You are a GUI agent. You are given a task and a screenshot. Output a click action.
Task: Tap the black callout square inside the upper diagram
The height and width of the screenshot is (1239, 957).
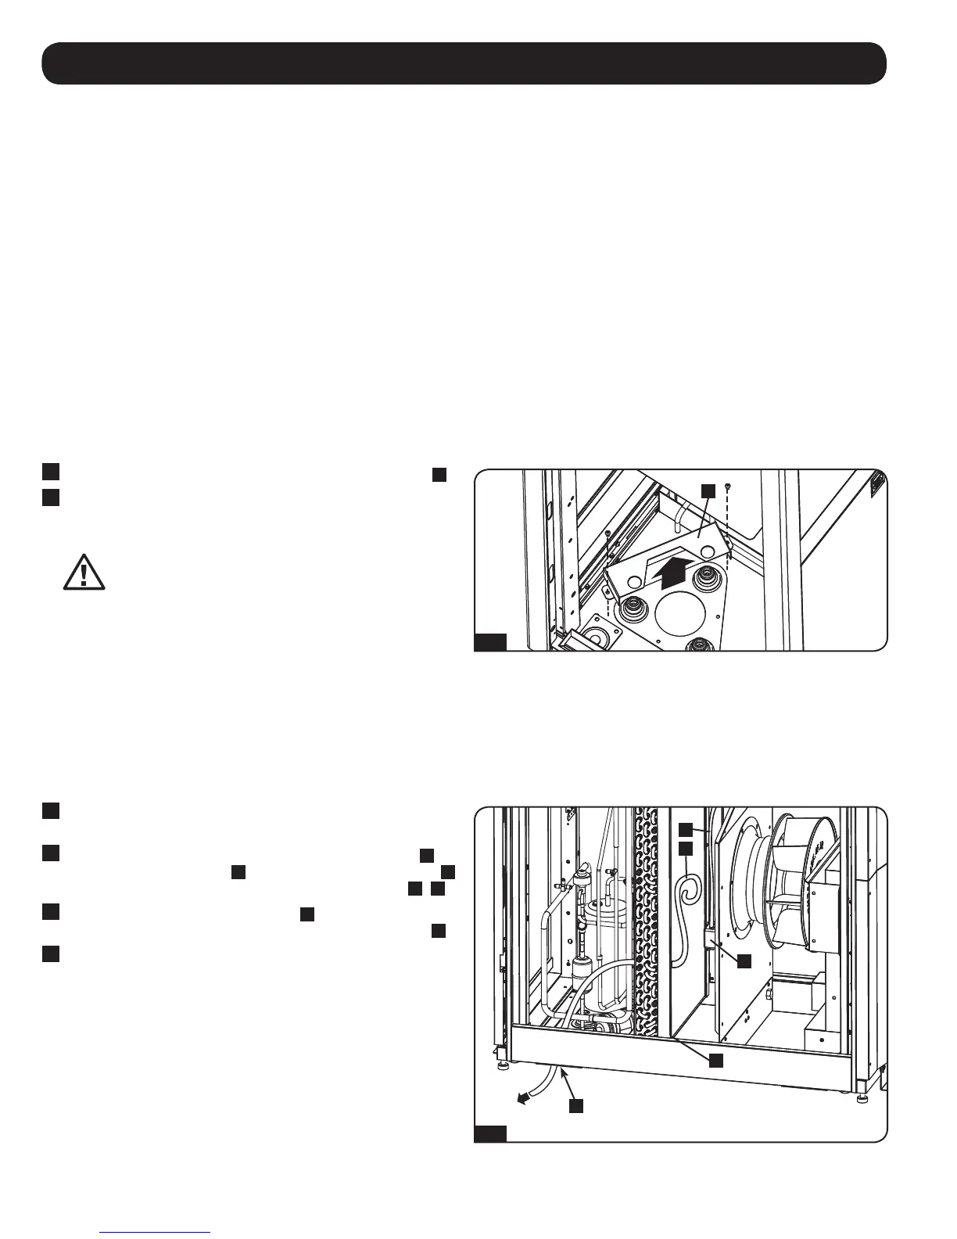(x=708, y=490)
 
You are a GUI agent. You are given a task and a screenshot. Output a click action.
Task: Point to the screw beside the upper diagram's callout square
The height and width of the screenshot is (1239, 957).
(x=728, y=487)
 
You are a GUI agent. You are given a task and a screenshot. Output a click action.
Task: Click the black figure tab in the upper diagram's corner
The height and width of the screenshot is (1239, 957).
(x=491, y=643)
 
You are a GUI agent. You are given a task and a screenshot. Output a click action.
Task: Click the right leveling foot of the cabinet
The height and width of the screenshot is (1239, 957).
(x=862, y=1099)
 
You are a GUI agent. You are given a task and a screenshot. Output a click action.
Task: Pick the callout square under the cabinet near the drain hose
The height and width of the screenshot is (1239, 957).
(x=575, y=1106)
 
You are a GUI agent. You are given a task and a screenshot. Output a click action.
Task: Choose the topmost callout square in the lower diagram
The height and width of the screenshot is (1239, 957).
(x=685, y=830)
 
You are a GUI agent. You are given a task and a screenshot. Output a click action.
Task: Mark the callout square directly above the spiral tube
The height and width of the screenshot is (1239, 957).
(x=685, y=849)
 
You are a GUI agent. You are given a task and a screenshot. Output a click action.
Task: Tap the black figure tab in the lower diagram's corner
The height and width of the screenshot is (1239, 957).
(x=491, y=1135)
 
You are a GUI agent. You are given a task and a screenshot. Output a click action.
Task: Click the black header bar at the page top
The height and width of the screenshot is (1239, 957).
(x=464, y=63)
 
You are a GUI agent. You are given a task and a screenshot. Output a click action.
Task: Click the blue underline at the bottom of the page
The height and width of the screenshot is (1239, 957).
(x=156, y=1232)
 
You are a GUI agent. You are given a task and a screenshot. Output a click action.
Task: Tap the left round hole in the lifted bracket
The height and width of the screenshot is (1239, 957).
(x=634, y=581)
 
